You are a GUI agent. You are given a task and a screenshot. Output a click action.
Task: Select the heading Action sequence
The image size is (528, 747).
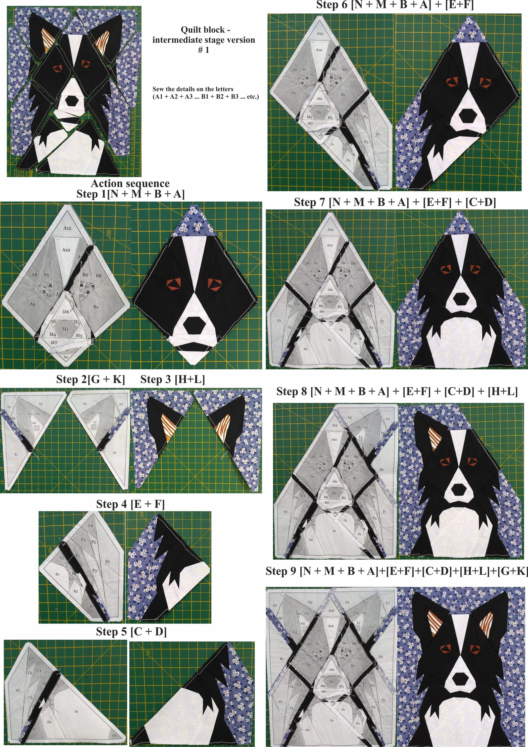[x=130, y=183]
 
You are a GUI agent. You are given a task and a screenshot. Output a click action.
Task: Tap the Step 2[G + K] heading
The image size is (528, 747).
[x=90, y=379]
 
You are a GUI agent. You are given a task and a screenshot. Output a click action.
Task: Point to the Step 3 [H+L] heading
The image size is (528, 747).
[x=172, y=379]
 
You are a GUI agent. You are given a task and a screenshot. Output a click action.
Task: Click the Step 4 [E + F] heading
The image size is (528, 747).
[x=130, y=504]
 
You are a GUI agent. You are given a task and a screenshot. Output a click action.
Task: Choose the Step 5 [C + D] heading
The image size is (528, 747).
[x=131, y=631]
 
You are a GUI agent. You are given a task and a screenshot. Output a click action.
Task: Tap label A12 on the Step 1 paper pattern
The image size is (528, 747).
[x=67, y=228]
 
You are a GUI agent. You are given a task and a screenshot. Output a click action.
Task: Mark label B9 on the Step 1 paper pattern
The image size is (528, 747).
[x=96, y=307]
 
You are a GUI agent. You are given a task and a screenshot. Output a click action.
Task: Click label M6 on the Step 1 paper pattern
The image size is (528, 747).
[x=66, y=311]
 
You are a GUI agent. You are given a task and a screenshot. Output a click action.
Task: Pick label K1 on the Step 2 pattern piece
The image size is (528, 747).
[x=16, y=454]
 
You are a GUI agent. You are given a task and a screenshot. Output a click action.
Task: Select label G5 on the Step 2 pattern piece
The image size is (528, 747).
[x=41, y=404]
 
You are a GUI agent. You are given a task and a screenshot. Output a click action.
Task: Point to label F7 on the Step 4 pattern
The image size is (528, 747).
[x=108, y=562]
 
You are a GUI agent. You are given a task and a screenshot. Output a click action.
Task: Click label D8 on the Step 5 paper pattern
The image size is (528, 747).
[x=114, y=736]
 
